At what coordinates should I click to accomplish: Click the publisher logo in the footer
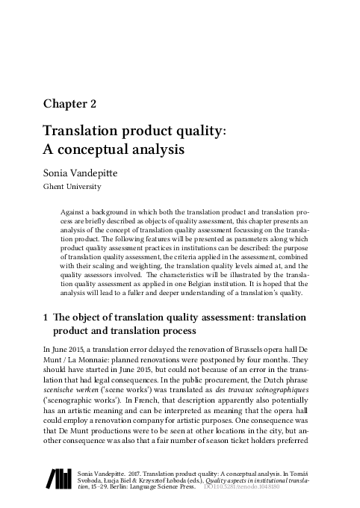click(57, 479)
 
